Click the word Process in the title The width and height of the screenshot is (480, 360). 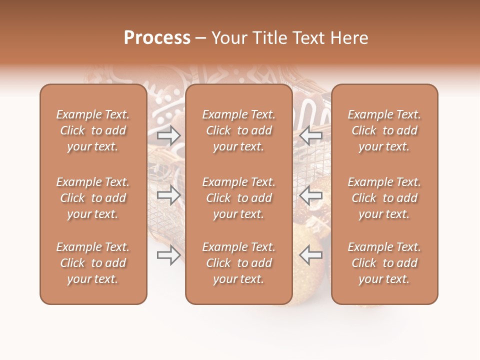pyautogui.click(x=157, y=38)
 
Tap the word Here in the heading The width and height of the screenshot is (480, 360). pyautogui.click(x=348, y=38)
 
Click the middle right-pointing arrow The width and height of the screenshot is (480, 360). pyautogui.click(x=169, y=195)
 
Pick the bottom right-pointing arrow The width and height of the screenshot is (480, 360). pyautogui.click(x=169, y=255)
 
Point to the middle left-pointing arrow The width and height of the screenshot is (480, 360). pyautogui.click(x=310, y=195)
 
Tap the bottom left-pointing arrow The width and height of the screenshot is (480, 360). pyautogui.click(x=310, y=255)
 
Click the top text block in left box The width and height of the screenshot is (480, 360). pyautogui.click(x=93, y=130)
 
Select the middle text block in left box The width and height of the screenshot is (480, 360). pyautogui.click(x=93, y=198)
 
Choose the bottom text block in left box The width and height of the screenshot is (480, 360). pyautogui.click(x=93, y=263)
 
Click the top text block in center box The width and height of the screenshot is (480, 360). pyautogui.click(x=238, y=130)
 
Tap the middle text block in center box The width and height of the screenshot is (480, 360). pyautogui.click(x=238, y=198)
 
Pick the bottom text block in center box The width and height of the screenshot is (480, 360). pyautogui.click(x=238, y=263)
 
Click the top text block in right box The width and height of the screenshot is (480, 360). pyautogui.click(x=384, y=130)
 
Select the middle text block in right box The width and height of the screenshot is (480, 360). pyautogui.click(x=384, y=198)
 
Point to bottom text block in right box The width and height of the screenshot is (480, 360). pyautogui.click(x=384, y=263)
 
